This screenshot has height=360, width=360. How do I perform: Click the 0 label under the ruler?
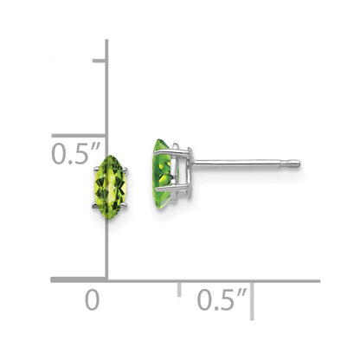click(92, 302)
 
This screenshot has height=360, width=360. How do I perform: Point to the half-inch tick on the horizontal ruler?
click(179, 288)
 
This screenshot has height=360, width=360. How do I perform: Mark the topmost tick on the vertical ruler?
click(100, 61)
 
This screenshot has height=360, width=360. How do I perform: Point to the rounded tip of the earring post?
click(297, 162)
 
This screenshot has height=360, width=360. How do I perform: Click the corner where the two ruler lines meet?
click(106, 280)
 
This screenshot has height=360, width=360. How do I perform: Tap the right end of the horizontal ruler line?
click(318, 280)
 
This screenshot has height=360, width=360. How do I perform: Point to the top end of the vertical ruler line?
click(106, 41)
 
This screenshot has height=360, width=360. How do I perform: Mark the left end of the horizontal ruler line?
click(52, 280)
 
